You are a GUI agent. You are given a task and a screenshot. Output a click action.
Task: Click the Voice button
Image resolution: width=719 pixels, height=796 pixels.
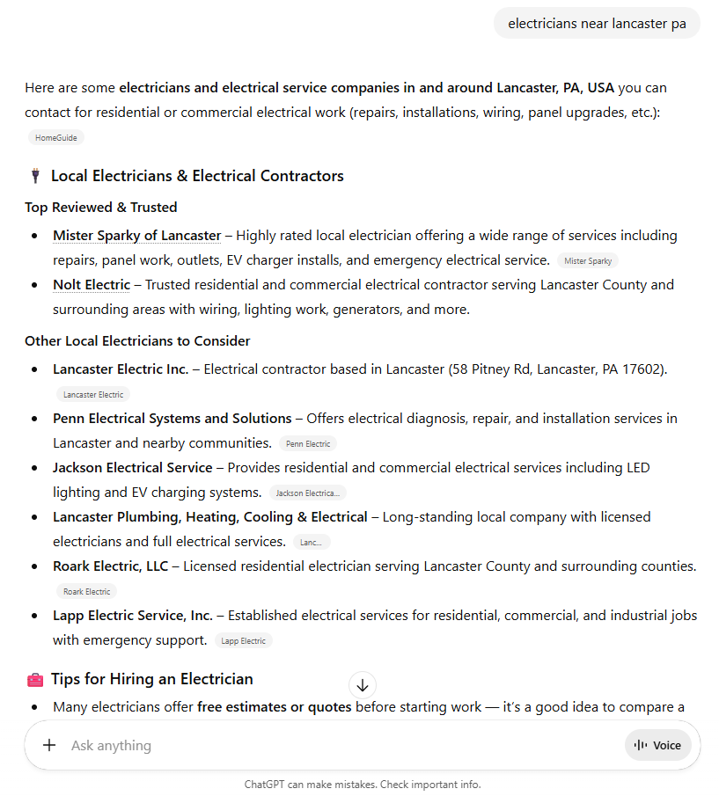pos(658,745)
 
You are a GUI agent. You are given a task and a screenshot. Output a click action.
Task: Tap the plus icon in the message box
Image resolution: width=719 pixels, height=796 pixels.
pos(49,745)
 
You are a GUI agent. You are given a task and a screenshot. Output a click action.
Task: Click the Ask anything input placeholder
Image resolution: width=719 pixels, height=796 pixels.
pos(112,745)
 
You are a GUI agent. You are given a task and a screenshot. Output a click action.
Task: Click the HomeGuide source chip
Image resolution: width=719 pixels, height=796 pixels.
pos(56,137)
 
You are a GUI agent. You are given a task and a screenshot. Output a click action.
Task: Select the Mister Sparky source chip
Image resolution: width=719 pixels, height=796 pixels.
pos(588,260)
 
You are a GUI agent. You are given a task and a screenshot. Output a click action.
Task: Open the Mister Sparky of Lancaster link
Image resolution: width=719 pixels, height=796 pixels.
pos(136,236)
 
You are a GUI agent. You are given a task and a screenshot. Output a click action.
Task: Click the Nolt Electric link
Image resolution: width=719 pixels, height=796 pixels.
pos(92,285)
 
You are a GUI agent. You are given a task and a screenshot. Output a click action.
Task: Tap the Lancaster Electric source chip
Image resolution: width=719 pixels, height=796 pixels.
pos(93,394)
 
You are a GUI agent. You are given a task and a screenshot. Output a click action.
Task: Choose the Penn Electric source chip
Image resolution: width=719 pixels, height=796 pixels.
pos(308,443)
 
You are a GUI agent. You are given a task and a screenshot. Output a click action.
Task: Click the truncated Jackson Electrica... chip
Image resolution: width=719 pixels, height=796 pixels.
pos(308,493)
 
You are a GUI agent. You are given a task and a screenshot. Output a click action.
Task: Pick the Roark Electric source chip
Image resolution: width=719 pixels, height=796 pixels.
pos(86,591)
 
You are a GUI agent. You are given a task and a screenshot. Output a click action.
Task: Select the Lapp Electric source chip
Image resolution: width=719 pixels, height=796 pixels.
pos(244,640)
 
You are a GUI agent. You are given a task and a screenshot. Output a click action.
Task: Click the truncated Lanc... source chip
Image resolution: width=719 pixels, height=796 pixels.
pos(312,542)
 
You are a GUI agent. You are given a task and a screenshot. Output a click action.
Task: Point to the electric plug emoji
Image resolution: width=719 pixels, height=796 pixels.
pos(35,176)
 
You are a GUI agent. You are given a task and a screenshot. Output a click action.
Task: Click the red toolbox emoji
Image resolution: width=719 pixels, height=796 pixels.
pos(35,679)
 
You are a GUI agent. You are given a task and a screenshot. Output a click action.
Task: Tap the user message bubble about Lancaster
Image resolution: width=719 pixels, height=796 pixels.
pos(597,24)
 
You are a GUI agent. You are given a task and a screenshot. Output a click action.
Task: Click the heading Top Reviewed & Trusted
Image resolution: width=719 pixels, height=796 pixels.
pos(101,208)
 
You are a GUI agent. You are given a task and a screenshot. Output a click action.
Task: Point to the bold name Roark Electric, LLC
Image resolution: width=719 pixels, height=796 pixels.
pos(110,566)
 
